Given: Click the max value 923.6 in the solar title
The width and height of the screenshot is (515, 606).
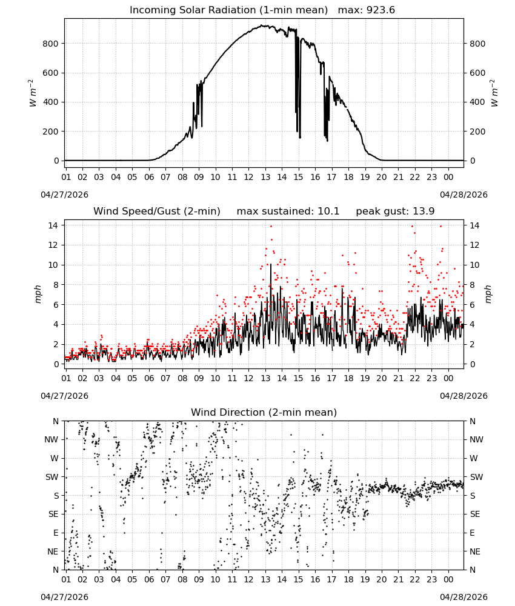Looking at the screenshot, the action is pos(380,10).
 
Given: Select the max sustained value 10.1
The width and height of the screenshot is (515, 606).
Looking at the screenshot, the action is pos(328,211).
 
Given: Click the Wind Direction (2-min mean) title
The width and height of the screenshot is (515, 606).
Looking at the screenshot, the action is pos(264,412).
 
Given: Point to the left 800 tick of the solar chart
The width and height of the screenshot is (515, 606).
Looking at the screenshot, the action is pos(51,44).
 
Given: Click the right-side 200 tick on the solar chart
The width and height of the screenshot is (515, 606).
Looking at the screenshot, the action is pos(477,132).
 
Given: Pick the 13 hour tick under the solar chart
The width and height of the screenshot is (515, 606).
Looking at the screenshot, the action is pos(265,177).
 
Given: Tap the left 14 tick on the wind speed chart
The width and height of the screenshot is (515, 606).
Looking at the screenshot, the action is pos(53,225).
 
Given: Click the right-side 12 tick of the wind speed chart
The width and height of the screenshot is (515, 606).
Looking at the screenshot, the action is pos(474,245).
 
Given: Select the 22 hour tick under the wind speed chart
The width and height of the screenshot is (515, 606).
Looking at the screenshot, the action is pos(415,378).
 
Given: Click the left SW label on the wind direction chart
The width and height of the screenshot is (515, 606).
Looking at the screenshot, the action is pos(52,477).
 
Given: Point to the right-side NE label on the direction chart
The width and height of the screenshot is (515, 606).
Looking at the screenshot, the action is pos(475,551).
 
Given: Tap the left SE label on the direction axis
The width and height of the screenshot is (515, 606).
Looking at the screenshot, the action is pos(53,514).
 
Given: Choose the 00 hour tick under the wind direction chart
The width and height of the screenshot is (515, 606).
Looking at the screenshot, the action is pos(448,579).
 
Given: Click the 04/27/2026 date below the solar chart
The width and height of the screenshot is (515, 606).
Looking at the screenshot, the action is pos(64,195).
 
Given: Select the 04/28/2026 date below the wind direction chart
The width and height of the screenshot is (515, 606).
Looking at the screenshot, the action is pos(463,597).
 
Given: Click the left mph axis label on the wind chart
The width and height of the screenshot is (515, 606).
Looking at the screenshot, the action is pos(38,294).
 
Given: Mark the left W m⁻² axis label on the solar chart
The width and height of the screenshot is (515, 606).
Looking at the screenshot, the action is pos(33,93).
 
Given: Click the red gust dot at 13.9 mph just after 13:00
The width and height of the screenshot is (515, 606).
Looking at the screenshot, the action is pos(271,226).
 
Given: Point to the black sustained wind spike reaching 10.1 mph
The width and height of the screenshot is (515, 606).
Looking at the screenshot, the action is pos(271,264).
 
